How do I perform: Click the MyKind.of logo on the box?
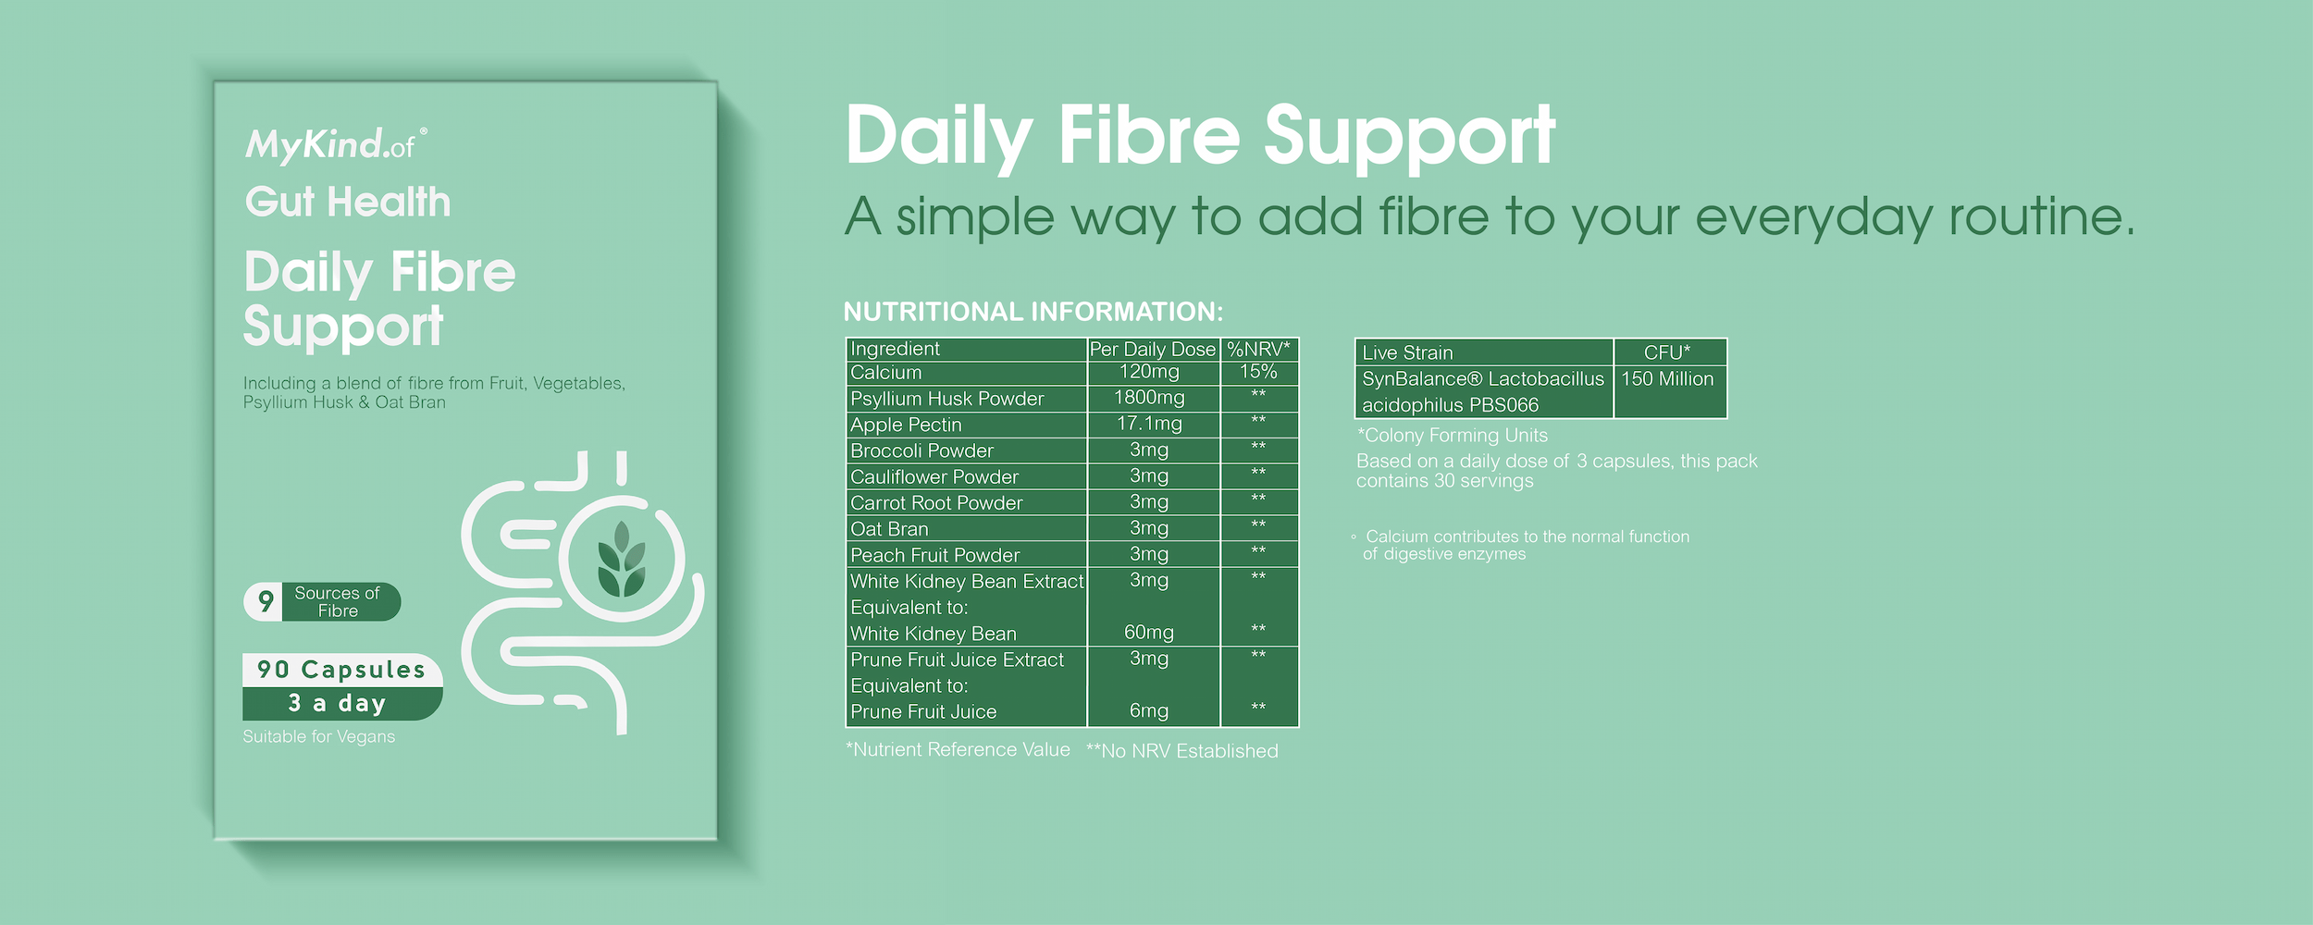tap(336, 145)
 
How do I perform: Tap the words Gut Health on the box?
tap(348, 202)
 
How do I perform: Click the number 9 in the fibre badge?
tap(266, 601)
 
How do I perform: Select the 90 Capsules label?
tap(341, 670)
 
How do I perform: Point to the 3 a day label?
tap(337, 704)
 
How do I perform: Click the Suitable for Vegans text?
tap(319, 736)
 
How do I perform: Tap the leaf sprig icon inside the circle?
tap(622, 559)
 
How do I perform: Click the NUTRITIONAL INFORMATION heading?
tap(1033, 312)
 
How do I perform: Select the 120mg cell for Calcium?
tap(1149, 372)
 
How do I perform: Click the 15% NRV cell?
tap(1258, 372)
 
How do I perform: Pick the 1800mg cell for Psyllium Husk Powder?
tap(1149, 398)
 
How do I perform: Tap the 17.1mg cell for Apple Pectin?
tap(1149, 424)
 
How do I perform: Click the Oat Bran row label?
tap(889, 529)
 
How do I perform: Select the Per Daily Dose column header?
tap(1153, 349)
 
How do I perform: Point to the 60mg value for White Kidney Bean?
tap(1149, 633)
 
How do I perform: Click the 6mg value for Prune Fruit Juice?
tap(1149, 710)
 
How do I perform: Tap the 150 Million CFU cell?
tap(1667, 378)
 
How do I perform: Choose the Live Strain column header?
tap(1407, 352)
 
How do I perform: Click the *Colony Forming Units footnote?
tap(1452, 435)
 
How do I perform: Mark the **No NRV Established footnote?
tap(1181, 751)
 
